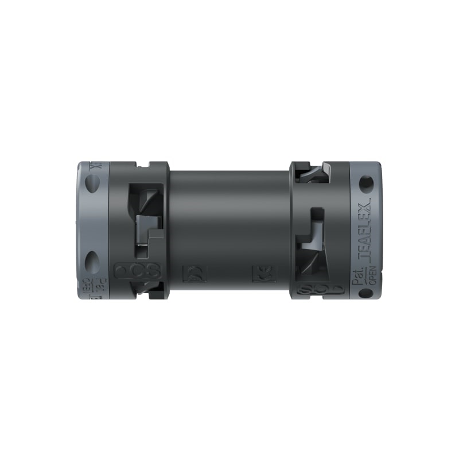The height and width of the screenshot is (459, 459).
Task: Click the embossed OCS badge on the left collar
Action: pyautogui.click(x=138, y=270)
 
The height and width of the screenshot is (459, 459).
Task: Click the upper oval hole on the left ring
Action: pyautogui.click(x=92, y=185)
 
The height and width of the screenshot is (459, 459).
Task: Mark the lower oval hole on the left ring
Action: pyautogui.click(x=92, y=261)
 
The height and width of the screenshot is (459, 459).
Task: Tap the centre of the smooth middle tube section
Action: pyautogui.click(x=229, y=224)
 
